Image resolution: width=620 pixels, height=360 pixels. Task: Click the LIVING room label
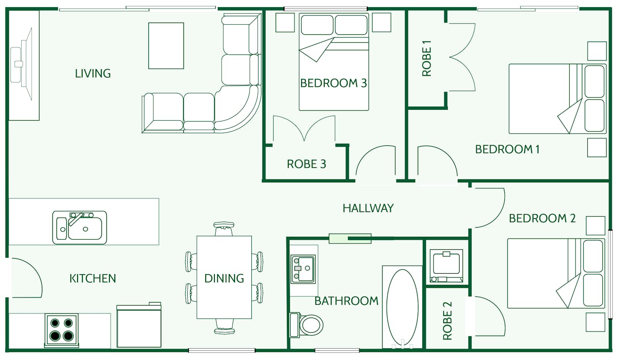(x=93, y=74)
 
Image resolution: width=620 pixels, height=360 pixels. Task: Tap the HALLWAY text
(x=368, y=208)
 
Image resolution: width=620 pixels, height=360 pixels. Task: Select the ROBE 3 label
(x=306, y=164)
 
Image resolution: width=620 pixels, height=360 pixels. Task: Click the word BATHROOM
(x=346, y=301)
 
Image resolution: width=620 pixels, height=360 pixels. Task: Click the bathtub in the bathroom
(x=402, y=307)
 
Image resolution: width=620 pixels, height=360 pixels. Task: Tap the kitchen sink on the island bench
(x=80, y=228)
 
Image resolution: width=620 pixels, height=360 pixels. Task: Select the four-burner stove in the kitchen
(x=62, y=329)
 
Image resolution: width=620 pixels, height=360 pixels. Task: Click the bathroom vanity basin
(x=303, y=269)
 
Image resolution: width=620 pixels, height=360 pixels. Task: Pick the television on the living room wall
(x=23, y=64)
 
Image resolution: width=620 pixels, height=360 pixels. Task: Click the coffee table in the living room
(x=166, y=46)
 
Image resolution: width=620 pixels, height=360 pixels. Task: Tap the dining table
(x=224, y=277)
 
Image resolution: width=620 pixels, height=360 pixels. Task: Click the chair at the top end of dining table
(x=224, y=229)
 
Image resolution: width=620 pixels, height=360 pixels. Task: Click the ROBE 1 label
(x=426, y=58)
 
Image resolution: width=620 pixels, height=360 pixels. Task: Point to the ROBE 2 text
(x=447, y=321)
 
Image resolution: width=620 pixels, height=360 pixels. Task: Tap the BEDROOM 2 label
(x=542, y=218)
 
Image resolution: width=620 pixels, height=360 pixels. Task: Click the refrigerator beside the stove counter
(x=139, y=326)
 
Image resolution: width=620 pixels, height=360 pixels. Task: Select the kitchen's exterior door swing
(x=26, y=278)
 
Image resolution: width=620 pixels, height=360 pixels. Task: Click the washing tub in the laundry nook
(x=447, y=266)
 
